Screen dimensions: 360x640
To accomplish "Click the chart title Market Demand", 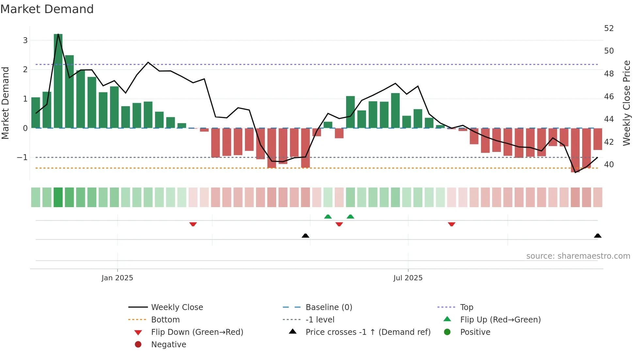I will [x=47, y=9].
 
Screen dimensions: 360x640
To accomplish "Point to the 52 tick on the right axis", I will [x=609, y=28].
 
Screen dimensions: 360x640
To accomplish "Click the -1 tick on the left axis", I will [x=23, y=157].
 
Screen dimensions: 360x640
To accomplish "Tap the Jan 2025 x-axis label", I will [x=117, y=278].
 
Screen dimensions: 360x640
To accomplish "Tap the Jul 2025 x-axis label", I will [x=408, y=278].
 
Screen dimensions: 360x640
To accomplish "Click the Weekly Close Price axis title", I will [x=626, y=103].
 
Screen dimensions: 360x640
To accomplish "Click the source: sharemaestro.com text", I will [x=578, y=256].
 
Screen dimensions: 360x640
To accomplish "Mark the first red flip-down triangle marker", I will [x=193, y=224].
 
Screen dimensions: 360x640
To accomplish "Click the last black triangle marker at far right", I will [x=598, y=236].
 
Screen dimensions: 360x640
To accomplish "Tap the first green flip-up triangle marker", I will [x=328, y=217].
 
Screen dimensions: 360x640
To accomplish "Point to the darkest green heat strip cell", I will [x=58, y=197].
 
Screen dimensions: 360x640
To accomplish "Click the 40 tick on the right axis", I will [x=609, y=165].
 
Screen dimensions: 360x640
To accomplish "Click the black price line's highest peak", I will [x=58, y=34].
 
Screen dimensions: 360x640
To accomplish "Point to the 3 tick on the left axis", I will [x=25, y=41].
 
